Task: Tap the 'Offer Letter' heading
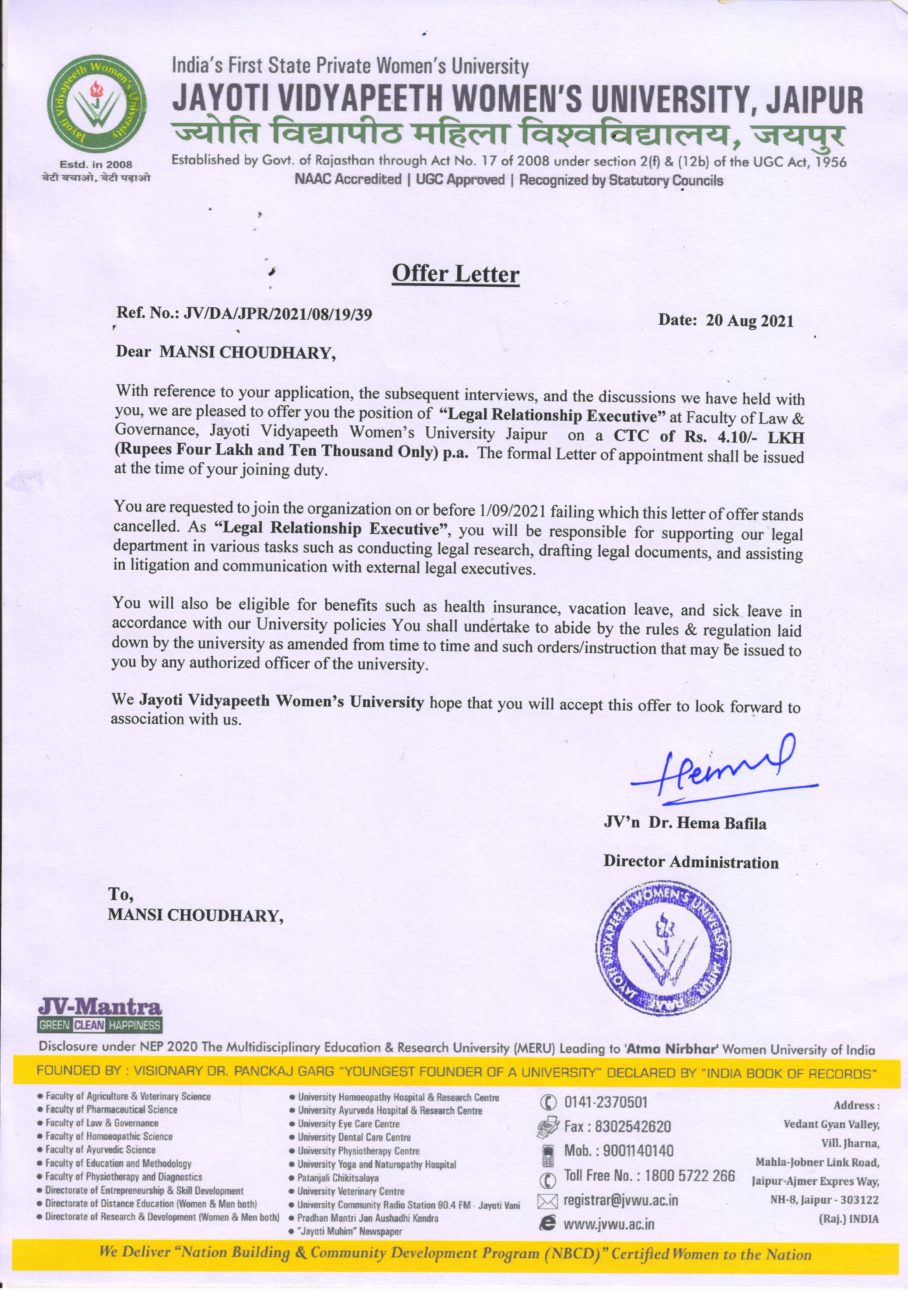(x=455, y=274)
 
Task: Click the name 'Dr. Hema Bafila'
(x=708, y=824)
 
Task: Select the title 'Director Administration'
(x=691, y=863)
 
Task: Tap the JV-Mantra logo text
(x=100, y=1006)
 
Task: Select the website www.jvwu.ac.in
(x=608, y=1224)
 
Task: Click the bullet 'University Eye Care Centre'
(x=348, y=1124)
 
